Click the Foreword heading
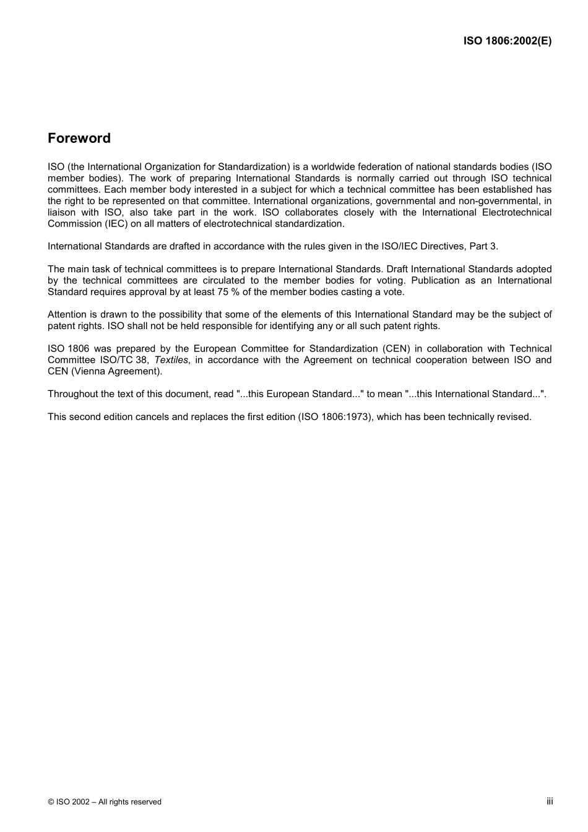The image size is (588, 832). tap(79, 139)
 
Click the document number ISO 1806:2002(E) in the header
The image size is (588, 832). tap(507, 41)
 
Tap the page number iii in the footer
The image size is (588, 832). tap(549, 801)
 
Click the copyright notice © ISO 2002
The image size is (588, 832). tap(104, 802)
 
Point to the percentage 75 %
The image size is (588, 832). tap(227, 292)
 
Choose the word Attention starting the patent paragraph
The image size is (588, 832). tap(67, 314)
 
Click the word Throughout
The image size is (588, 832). tap(72, 394)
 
